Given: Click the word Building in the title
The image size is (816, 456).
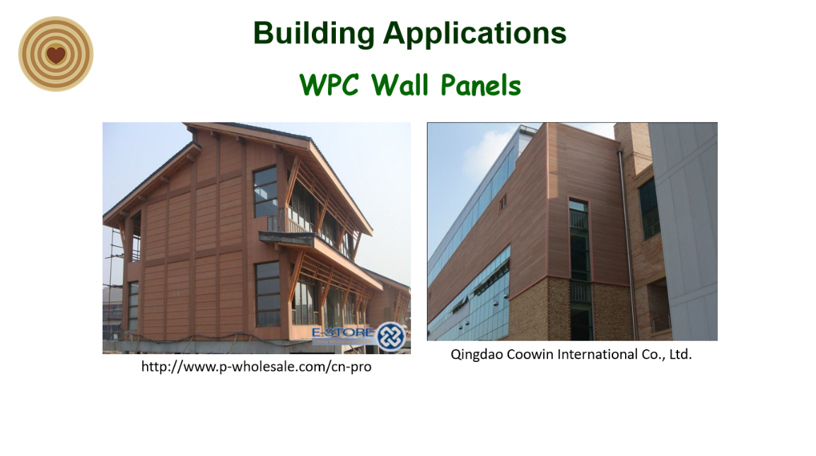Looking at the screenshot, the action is click(314, 34).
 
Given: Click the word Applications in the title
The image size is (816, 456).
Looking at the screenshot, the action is click(474, 34).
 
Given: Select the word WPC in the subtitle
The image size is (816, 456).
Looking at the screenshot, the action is click(330, 85).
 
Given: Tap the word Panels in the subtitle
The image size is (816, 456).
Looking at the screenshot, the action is click(480, 85).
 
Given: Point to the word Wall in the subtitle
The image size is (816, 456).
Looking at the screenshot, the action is click(400, 85).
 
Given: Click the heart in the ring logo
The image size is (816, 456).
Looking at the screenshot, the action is click(56, 54).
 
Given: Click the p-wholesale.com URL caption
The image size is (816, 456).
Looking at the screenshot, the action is click(256, 366).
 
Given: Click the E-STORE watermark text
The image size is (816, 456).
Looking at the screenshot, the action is click(343, 332).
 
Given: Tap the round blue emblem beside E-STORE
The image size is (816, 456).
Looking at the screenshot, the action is click(391, 337).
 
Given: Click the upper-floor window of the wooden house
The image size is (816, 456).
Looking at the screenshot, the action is click(265, 192).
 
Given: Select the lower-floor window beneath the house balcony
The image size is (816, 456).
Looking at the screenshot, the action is click(267, 293).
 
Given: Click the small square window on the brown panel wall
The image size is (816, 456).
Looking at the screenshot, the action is click(503, 202).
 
